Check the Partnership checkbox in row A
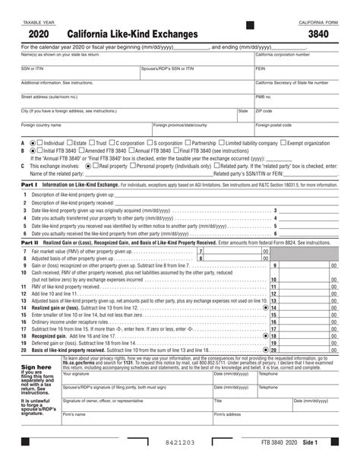point(187,143)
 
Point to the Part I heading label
point(29,185)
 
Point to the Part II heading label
point(30,242)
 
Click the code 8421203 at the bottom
point(180,442)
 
